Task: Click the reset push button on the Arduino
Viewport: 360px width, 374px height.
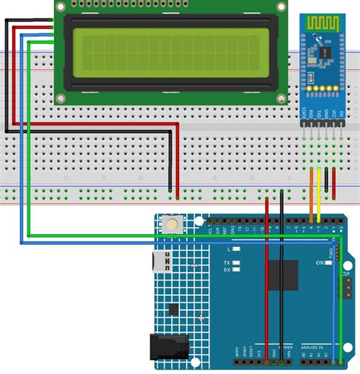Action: tap(175, 224)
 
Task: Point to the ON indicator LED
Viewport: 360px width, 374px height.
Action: tap(320, 262)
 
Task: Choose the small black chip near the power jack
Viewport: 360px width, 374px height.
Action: tap(175, 309)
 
